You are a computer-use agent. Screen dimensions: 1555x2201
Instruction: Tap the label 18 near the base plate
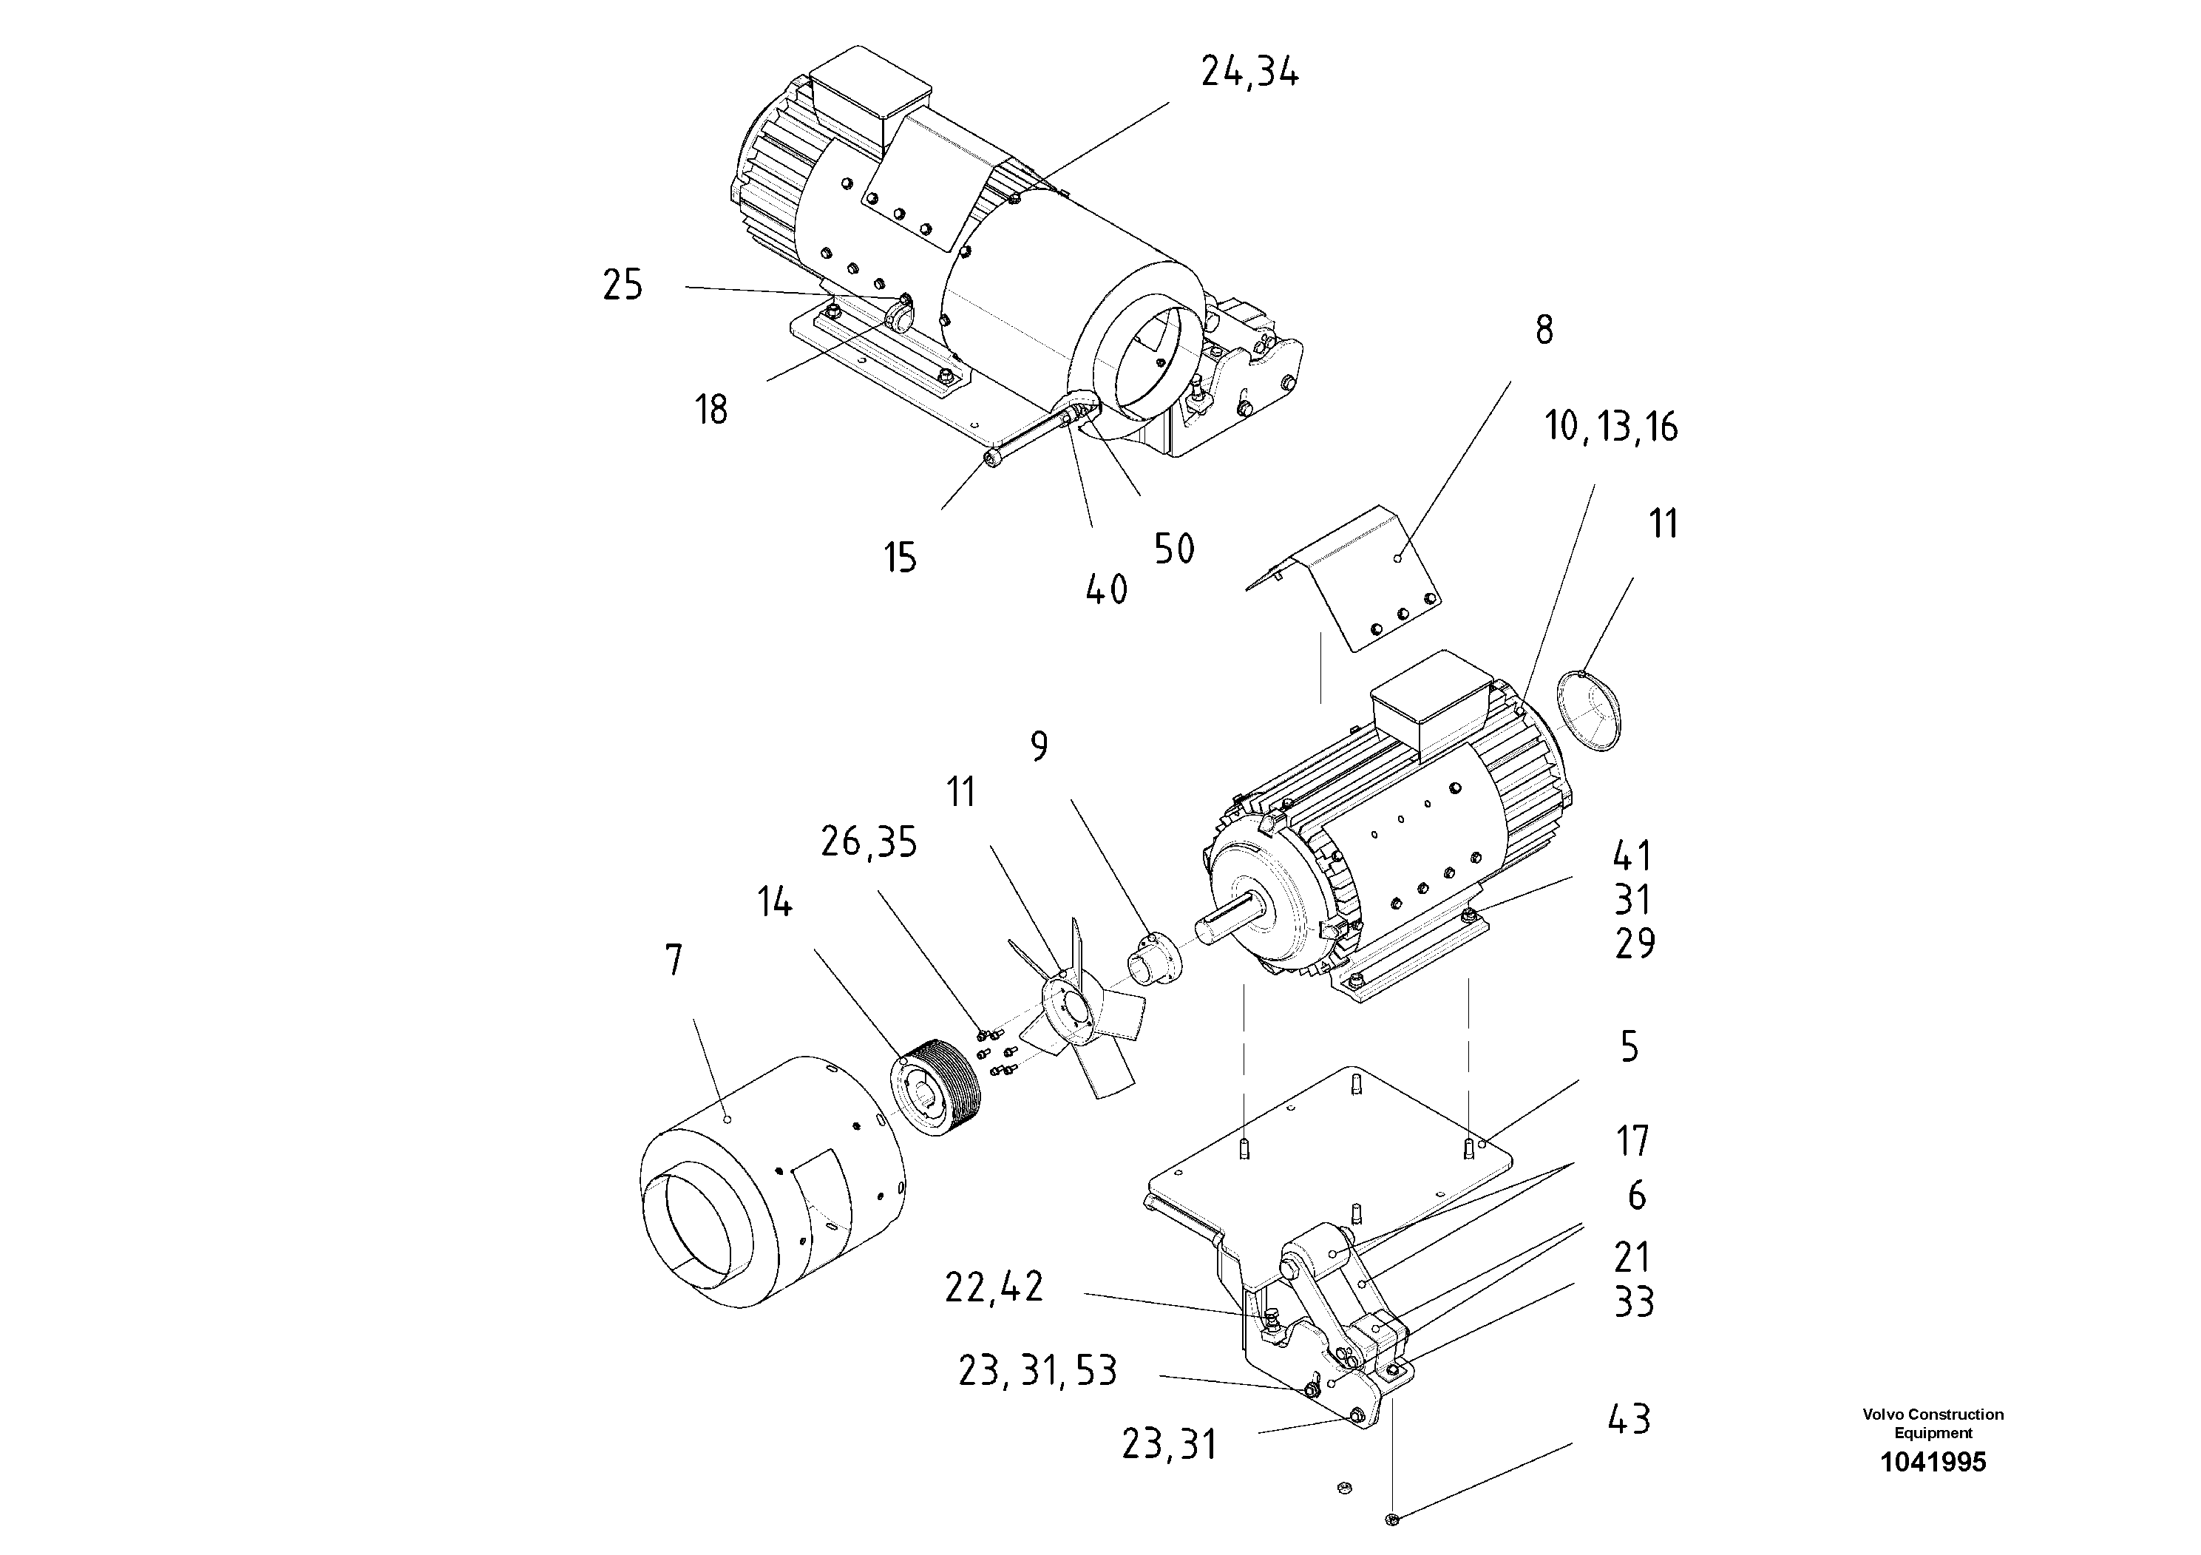coord(711,410)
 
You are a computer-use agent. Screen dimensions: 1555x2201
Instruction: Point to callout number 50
coord(1173,549)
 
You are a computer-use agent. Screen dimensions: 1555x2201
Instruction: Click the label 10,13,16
coord(1610,427)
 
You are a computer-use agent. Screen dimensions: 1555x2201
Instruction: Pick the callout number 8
coord(1544,331)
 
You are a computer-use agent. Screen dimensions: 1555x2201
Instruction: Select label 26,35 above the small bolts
coord(869,843)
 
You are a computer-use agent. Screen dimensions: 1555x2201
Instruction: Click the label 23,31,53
coord(1037,1372)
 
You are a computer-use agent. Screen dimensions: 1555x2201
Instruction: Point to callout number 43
coord(1629,1420)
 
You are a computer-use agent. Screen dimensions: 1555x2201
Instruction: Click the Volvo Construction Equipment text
coord(1933,1423)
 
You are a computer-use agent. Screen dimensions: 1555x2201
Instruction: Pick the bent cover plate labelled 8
coord(1361,585)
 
